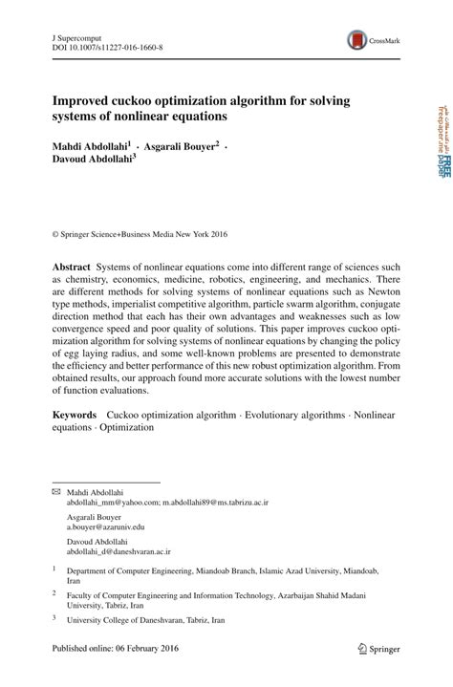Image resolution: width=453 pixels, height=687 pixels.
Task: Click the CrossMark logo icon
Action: click(357, 39)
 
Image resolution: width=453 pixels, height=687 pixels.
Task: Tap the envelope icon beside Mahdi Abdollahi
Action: click(55, 490)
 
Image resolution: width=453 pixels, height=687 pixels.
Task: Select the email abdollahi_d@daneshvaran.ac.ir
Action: click(119, 551)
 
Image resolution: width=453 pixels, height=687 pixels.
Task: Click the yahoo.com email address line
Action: click(167, 501)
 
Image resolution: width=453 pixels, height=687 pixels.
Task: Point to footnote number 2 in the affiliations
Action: click(54, 593)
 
